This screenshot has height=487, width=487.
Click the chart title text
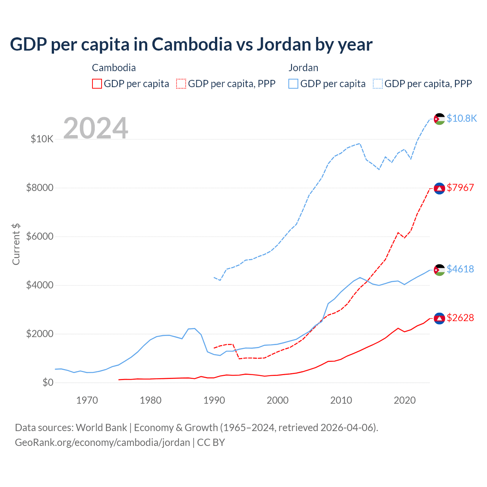(191, 45)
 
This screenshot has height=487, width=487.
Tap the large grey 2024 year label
(95, 128)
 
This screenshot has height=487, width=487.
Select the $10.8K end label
(462, 118)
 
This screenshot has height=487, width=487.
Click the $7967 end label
(460, 188)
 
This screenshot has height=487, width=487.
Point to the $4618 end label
(460, 269)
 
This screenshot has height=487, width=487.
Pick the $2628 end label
(460, 318)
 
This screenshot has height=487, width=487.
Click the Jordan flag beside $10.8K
(439, 119)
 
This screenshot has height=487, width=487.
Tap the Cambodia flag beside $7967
(439, 188)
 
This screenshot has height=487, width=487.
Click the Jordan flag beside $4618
(439, 270)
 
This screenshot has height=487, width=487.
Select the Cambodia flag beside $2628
(439, 318)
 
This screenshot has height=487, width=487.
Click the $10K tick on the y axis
(42, 139)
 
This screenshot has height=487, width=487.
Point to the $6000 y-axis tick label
(40, 236)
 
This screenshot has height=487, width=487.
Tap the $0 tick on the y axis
(48, 382)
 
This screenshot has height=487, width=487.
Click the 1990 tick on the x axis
(214, 400)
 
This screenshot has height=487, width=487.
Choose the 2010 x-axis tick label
(341, 400)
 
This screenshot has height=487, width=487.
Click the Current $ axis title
(16, 244)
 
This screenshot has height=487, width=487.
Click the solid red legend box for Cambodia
(97, 84)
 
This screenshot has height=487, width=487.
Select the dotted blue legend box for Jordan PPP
(378, 84)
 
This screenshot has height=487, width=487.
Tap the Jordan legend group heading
(303, 68)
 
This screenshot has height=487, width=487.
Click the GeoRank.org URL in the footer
(102, 442)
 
